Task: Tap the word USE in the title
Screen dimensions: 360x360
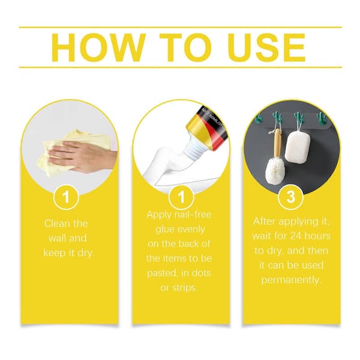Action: point(267,47)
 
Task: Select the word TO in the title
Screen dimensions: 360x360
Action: point(185,47)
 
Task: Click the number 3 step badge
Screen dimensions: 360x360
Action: point(290,197)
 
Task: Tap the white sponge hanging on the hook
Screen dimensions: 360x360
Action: point(298,148)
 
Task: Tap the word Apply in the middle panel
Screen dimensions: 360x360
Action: point(159,215)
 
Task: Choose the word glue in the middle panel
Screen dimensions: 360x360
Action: point(165,229)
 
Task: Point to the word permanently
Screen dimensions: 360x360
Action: point(290,280)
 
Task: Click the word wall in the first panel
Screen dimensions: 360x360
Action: point(57,238)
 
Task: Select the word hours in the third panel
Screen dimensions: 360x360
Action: point(318,236)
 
